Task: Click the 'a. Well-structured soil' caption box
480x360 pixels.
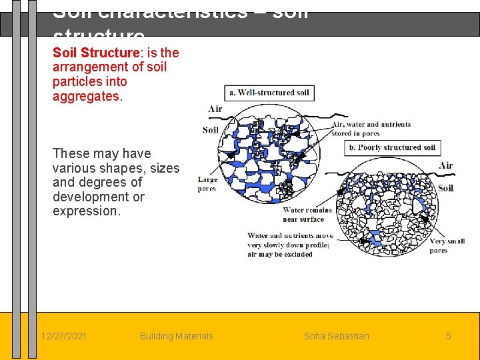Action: (x=269, y=93)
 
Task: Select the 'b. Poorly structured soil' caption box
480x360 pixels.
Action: (x=391, y=147)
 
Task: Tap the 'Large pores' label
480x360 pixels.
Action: (x=207, y=184)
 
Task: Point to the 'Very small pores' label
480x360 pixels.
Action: (x=447, y=245)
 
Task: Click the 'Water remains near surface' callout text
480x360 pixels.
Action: (x=303, y=215)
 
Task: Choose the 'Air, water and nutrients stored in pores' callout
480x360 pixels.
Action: (x=371, y=128)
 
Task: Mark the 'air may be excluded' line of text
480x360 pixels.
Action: (x=280, y=254)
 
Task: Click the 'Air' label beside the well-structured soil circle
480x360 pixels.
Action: (x=215, y=109)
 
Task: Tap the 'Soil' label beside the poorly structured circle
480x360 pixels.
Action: (x=445, y=188)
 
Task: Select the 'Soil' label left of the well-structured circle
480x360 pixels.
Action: (x=211, y=129)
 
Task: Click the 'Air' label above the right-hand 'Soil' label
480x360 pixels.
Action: (x=445, y=165)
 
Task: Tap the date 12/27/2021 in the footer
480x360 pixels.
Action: (x=63, y=336)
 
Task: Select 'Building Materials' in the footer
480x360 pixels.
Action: (x=176, y=336)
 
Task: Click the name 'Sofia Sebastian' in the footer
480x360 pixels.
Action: (x=336, y=336)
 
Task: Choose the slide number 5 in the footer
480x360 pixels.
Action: (x=449, y=336)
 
